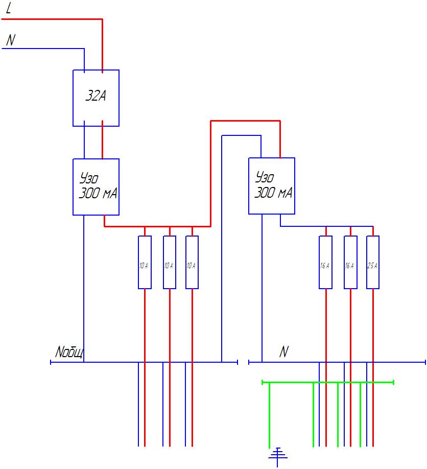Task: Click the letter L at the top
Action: (x=9, y=9)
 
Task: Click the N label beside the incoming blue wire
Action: (x=10, y=40)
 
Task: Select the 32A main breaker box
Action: (x=96, y=98)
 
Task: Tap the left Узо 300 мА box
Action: (x=96, y=186)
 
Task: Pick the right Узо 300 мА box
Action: (x=272, y=185)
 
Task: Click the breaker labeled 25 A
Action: (x=373, y=262)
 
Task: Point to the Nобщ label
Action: (x=69, y=353)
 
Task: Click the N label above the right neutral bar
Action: (x=284, y=353)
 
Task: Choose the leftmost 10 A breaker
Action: (x=145, y=262)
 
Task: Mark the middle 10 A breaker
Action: (x=170, y=262)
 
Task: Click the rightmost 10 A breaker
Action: (x=192, y=262)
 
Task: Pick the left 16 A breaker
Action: (x=325, y=262)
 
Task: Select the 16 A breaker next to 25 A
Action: (x=350, y=262)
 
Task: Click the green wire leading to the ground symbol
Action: (x=269, y=414)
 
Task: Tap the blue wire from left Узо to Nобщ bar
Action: (x=84, y=286)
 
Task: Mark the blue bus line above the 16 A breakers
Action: (x=327, y=226)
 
